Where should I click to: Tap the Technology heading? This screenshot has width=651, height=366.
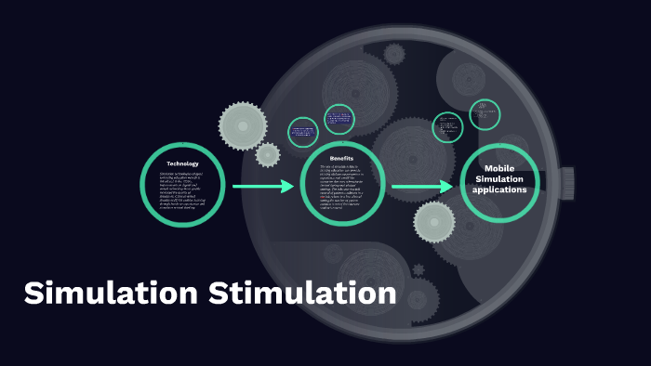pos(182,164)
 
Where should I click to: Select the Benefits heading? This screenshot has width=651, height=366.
pos(342,159)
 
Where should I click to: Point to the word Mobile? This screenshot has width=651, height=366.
pos(499,168)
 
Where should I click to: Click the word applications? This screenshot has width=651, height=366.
pos(499,190)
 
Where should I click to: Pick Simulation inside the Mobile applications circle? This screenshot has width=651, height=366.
pos(499,178)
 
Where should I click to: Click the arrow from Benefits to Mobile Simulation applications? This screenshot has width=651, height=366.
pos(421,187)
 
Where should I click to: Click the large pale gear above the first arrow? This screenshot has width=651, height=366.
pos(244,124)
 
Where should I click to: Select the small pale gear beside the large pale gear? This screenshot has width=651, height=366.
pos(268,154)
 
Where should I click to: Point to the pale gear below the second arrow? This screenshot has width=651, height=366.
pos(434,222)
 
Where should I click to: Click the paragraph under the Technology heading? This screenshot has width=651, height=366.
pos(182,191)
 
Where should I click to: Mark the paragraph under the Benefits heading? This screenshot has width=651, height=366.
pos(342,187)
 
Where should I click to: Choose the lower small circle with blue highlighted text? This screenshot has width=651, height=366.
pos(303,132)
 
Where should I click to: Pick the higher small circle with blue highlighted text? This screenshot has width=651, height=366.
pos(339,119)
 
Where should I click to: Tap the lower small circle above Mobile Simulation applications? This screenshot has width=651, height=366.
pos(448,127)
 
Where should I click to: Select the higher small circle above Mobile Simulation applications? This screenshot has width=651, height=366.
pos(485,114)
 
